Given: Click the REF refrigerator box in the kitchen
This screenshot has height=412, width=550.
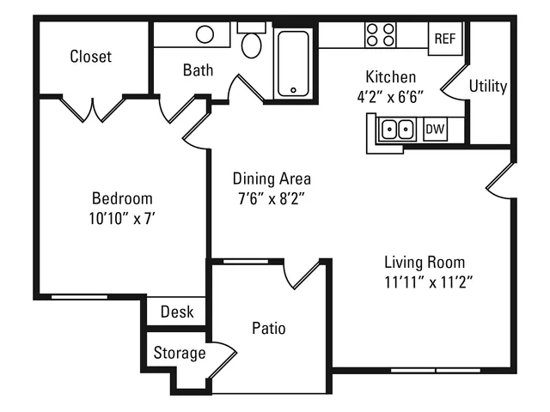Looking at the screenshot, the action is pyautogui.click(x=445, y=38).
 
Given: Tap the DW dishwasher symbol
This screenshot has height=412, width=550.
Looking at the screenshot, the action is pyautogui.click(x=435, y=130).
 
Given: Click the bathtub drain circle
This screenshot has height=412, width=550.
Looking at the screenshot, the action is pyautogui.click(x=293, y=90).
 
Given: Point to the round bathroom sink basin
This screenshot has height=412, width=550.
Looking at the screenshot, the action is pyautogui.click(x=205, y=34).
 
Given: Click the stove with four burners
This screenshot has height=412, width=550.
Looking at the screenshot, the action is pyautogui.click(x=380, y=34).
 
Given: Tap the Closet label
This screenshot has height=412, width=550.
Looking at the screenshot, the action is pyautogui.click(x=90, y=57).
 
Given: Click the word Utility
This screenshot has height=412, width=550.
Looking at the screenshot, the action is pyautogui.click(x=488, y=86).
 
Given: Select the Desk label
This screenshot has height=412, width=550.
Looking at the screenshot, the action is pyautogui.click(x=177, y=312).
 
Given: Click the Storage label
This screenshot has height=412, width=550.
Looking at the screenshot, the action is pyautogui.click(x=180, y=353).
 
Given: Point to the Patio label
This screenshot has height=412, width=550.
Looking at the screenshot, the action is pyautogui.click(x=269, y=328).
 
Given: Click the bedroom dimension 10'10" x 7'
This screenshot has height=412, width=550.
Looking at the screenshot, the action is pyautogui.click(x=122, y=219).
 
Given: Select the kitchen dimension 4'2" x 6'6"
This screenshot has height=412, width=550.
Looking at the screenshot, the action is pyautogui.click(x=390, y=97).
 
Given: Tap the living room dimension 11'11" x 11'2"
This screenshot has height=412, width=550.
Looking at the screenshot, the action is pyautogui.click(x=429, y=282).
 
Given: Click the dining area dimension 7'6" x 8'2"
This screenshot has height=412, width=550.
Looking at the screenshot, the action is pyautogui.click(x=272, y=199).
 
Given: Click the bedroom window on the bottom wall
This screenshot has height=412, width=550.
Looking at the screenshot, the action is pyautogui.click(x=79, y=297).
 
